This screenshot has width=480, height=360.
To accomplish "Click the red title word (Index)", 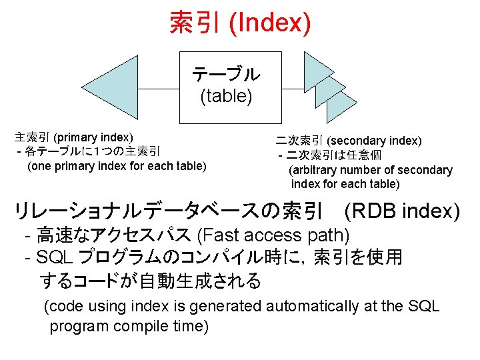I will (269, 22).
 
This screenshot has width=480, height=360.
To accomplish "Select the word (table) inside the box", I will (227, 97).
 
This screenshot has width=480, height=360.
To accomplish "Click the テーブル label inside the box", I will (227, 74).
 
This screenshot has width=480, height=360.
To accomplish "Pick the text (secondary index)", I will (375, 141).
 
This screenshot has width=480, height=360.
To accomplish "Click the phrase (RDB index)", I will (402, 211).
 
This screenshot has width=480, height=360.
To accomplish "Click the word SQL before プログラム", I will (57, 257).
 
